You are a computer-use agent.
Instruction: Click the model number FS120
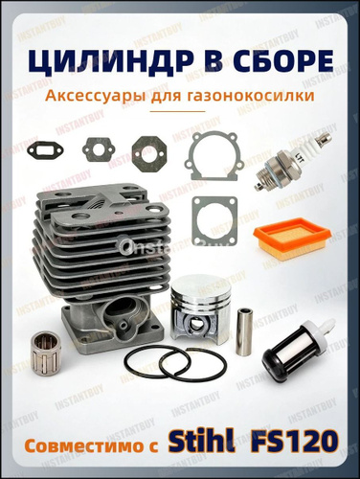(294, 442)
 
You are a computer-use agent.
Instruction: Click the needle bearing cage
(47, 353)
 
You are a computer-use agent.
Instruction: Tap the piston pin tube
(245, 331)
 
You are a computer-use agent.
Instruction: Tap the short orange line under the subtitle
(177, 111)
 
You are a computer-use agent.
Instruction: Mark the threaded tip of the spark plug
(261, 183)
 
